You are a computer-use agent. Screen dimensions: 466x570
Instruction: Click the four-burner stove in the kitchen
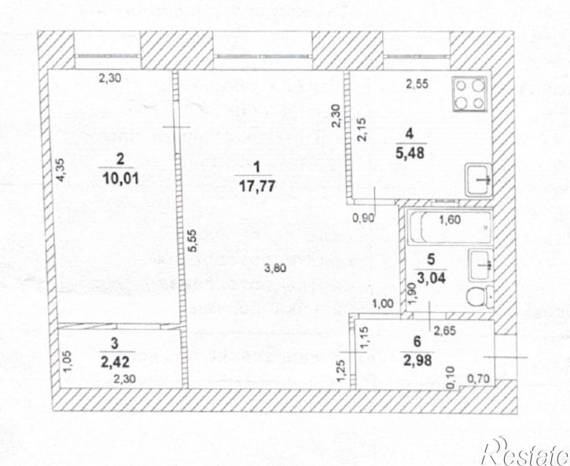point(469,95)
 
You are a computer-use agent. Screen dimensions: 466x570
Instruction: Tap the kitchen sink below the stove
point(479,180)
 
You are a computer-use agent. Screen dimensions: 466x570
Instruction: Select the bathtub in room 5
point(449,227)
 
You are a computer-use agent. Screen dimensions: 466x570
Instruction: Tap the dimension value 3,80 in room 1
point(274,267)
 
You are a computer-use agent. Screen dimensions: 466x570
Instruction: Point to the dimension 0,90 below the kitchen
point(362,219)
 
